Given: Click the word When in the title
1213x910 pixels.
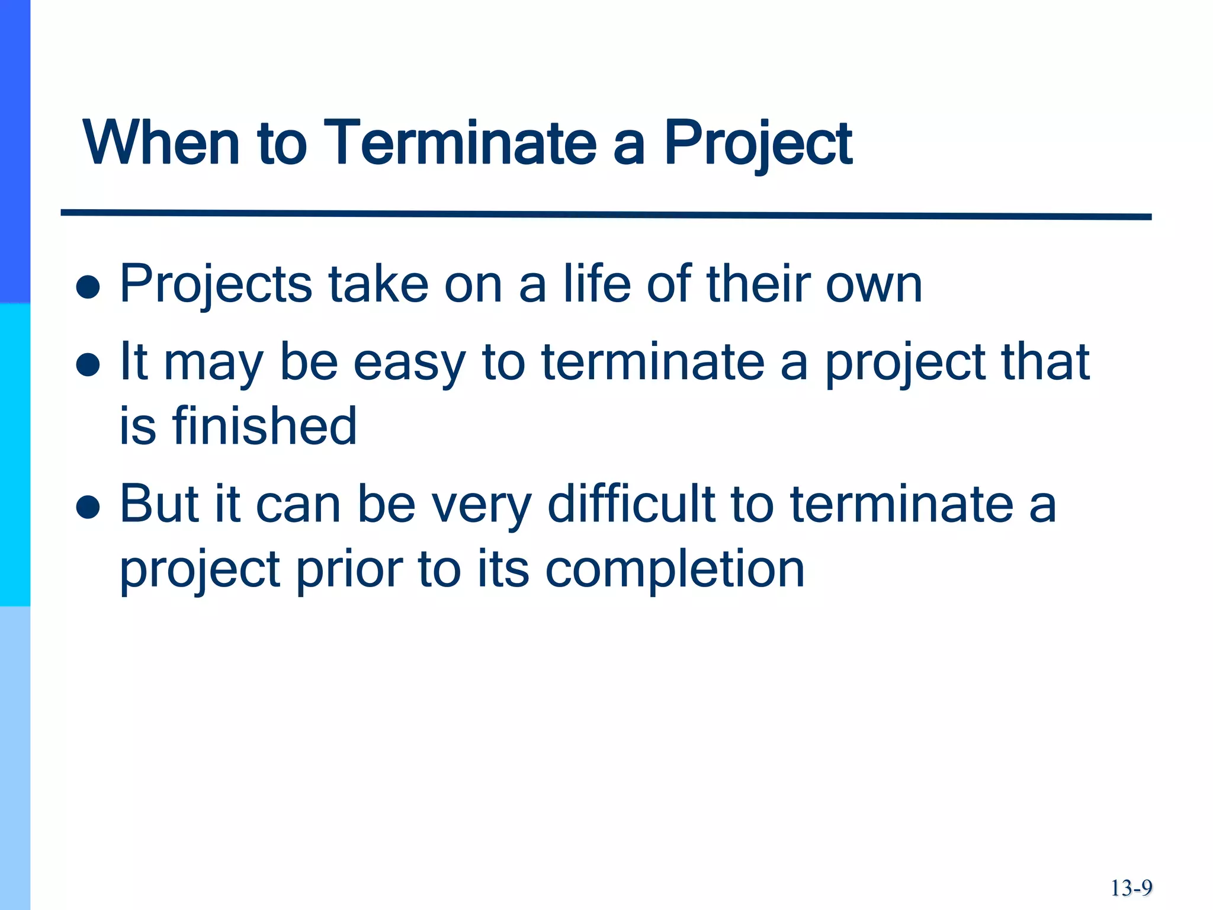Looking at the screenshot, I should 161,142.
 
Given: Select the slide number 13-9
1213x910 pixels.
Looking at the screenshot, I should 1131,887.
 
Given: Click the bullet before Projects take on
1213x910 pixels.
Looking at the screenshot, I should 88,287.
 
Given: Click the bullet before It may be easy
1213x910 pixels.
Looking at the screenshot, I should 88,364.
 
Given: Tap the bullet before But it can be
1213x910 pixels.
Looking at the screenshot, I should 88,507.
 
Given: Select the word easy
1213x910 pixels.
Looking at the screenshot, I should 409,363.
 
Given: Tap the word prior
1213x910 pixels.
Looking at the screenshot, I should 349,570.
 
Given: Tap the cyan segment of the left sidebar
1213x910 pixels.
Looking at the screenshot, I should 15,455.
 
